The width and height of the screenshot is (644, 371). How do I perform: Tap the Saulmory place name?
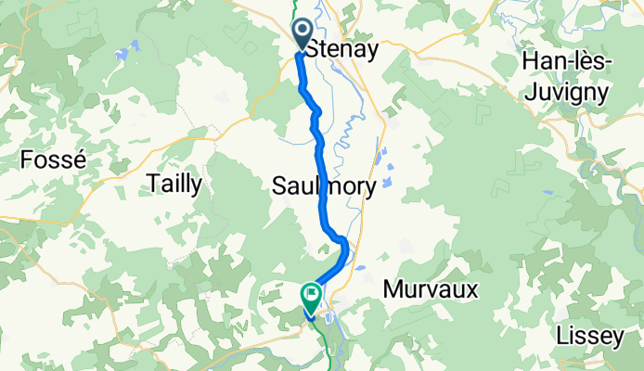pos(324,186)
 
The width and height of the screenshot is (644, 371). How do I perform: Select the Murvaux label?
pos(431,290)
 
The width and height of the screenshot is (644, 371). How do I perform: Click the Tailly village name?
pos(174,185)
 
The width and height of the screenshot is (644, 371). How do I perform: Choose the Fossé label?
pos(53,160)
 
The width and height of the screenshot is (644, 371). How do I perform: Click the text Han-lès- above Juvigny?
pos(566,61)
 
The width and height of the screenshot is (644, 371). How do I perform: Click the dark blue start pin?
pos(303,33)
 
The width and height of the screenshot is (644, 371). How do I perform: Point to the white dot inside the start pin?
pos(303,30)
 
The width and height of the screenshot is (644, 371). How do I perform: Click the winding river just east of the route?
pos(346,139)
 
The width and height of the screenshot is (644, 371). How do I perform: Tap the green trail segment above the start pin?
pos(298,7)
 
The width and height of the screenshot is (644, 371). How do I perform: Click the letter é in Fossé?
pos(80,160)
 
